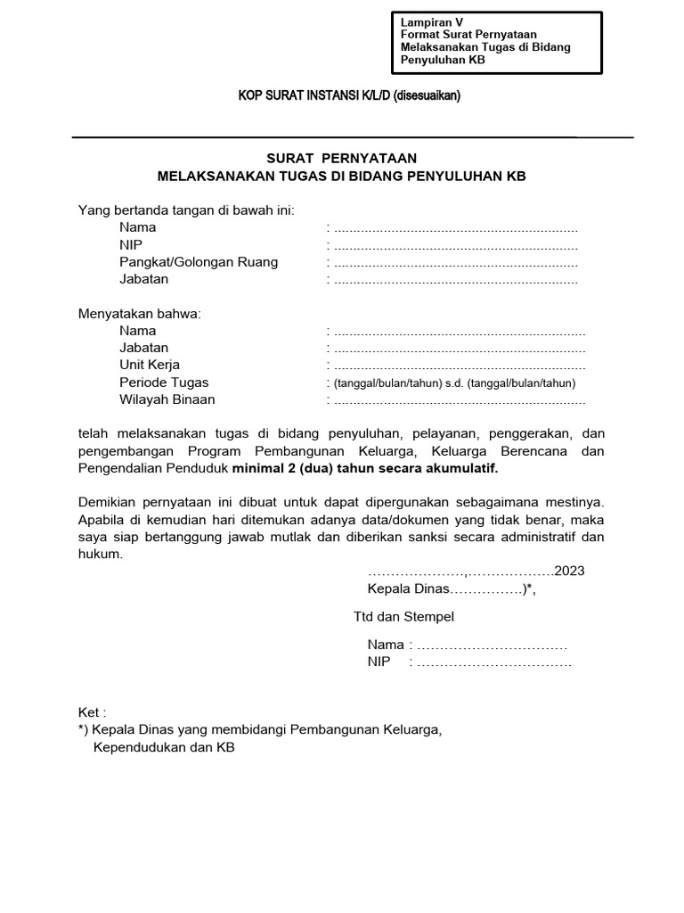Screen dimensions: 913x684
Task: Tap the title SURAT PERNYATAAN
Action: click(342, 158)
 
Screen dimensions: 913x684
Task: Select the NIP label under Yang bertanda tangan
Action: click(131, 244)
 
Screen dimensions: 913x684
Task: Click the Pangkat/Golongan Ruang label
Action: click(199, 261)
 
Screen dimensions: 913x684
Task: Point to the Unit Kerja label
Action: click(150, 365)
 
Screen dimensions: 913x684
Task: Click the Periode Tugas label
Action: click(164, 382)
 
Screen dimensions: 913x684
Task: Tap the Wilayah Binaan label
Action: click(167, 399)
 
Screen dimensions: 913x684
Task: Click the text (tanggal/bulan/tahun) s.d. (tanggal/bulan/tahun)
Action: click(455, 383)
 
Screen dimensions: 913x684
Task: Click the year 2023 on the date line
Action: click(569, 572)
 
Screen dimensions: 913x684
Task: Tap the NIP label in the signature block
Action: click(379, 662)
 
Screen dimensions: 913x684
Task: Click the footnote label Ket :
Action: click(93, 712)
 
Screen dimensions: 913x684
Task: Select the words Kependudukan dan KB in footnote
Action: click(164, 748)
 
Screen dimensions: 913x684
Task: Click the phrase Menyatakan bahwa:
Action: click(140, 314)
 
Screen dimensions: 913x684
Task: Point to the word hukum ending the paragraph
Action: click(100, 554)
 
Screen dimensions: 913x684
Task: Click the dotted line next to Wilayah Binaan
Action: click(460, 400)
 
